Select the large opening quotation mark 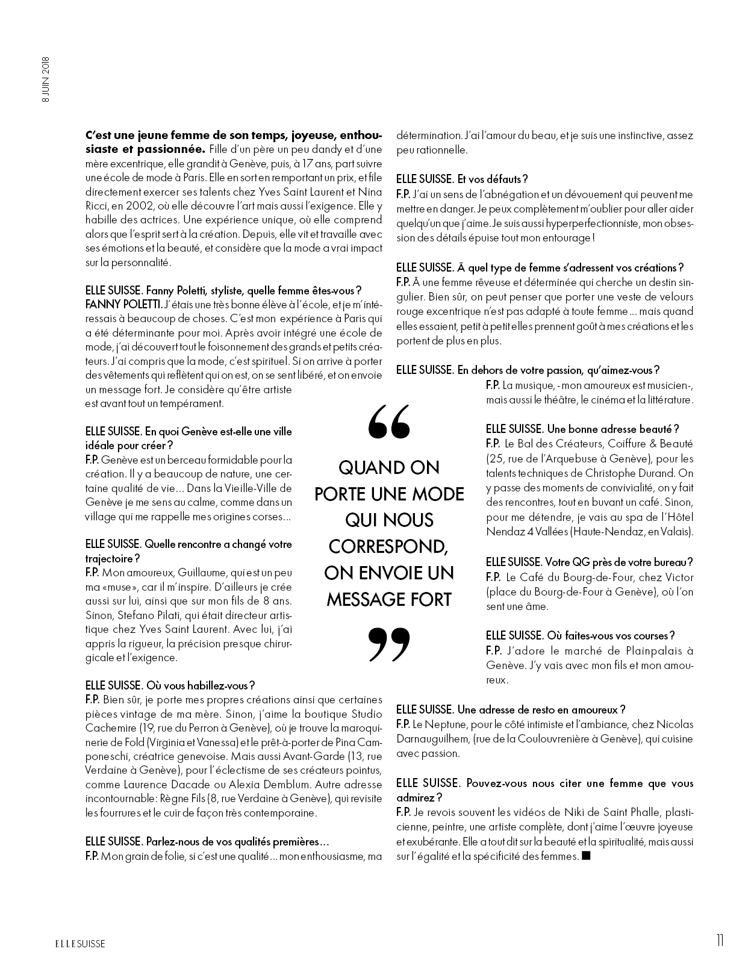(x=388, y=421)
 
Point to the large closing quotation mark (x=388, y=643)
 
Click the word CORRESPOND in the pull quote (x=388, y=546)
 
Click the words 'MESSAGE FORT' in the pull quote (x=388, y=599)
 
